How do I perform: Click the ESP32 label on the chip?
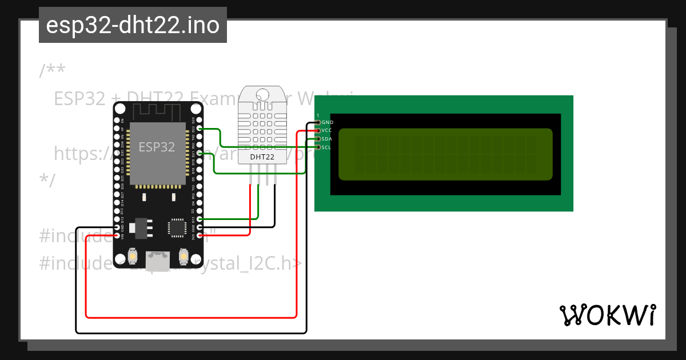pos(157,146)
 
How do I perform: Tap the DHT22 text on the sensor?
pos(263,156)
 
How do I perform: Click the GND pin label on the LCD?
pos(328,122)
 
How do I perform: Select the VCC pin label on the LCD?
pos(328,130)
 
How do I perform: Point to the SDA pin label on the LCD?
pos(327,139)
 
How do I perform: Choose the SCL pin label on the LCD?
pos(326,147)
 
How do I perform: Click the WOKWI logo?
pos(607,315)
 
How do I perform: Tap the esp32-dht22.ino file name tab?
pos(133,25)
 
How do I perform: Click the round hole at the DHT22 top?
pos(263,94)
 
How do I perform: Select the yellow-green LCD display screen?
pos(445,154)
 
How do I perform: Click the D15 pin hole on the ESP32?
pos(200,219)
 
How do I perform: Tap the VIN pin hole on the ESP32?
pos(117,235)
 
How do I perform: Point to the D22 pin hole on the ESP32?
pos(200,129)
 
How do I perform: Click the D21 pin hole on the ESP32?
pos(200,154)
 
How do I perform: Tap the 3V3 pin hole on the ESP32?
pos(200,235)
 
